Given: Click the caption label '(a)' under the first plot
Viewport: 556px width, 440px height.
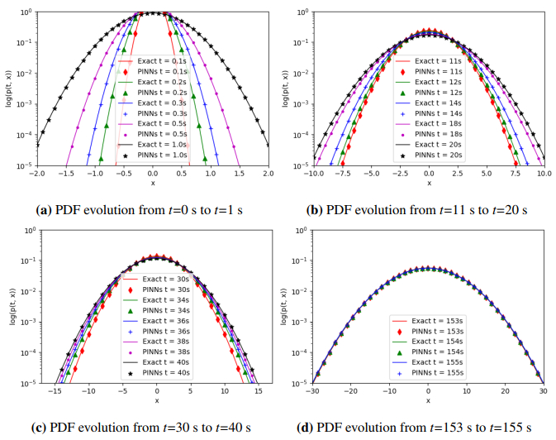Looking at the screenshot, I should (x=48, y=209).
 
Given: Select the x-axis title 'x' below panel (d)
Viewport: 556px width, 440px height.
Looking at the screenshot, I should (x=429, y=402).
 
